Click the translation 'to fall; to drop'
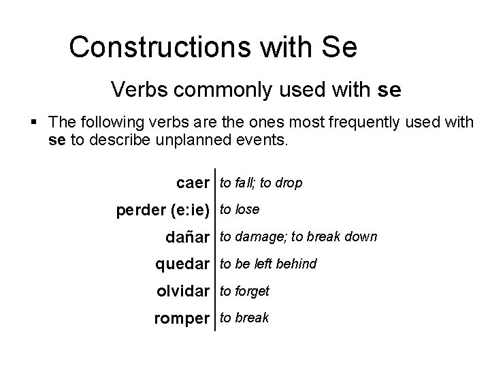coord(259,183)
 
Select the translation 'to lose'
coord(238,210)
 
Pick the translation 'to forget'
coord(244,291)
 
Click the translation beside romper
coord(243,318)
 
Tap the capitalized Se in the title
coord(340,47)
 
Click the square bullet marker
coord(34,123)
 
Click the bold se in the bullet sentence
coord(57,141)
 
